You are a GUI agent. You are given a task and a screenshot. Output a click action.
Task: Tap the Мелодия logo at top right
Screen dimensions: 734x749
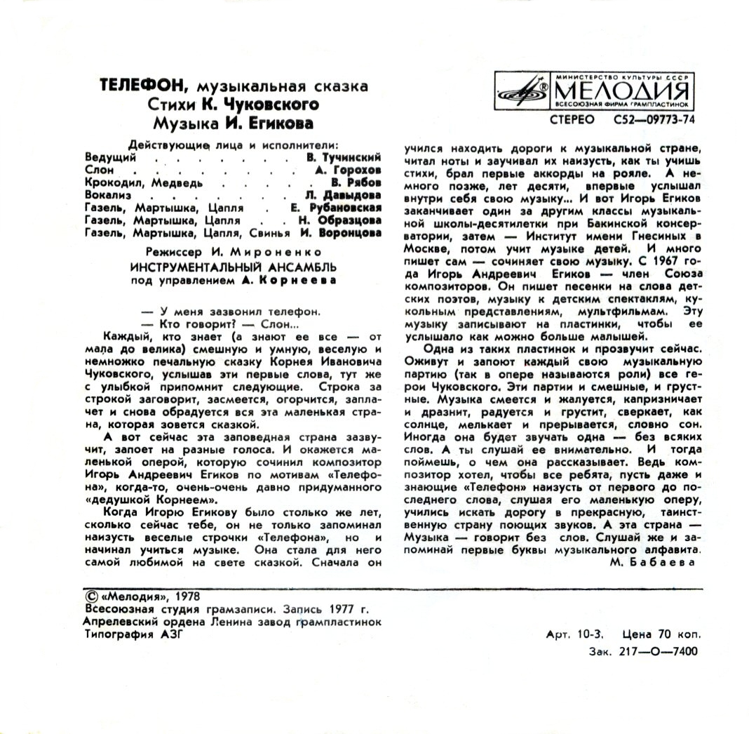click(x=591, y=89)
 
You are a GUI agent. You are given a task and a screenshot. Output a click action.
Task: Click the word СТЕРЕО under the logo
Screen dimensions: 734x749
click(x=572, y=119)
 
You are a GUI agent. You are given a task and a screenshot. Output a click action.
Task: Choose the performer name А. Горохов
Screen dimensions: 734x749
click(x=348, y=170)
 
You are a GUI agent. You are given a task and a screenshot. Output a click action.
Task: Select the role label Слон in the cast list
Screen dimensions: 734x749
click(x=95, y=170)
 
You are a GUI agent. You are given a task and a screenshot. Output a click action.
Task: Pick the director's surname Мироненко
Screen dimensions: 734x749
click(x=290, y=251)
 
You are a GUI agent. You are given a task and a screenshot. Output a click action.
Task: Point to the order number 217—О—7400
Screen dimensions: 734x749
click(x=663, y=651)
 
